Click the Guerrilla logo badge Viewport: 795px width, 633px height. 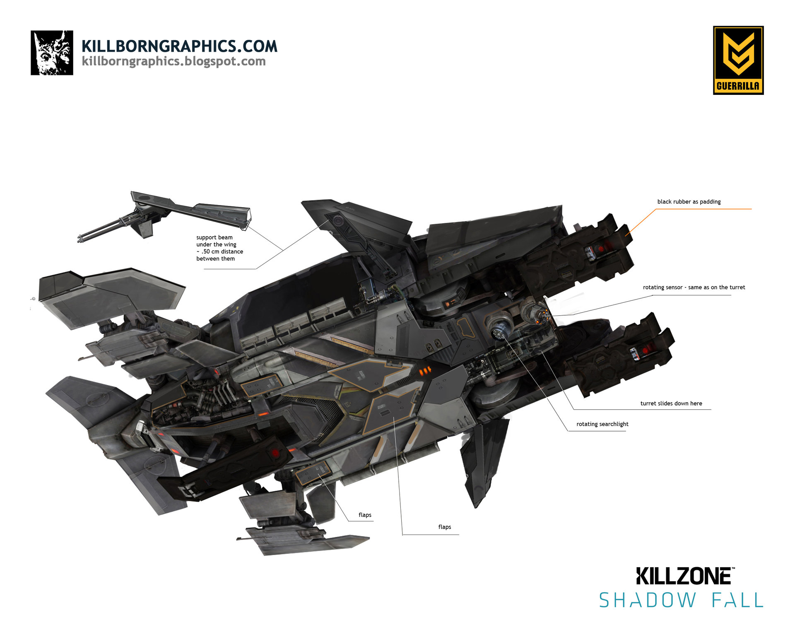pos(738,60)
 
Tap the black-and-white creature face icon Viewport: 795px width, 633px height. pos(52,53)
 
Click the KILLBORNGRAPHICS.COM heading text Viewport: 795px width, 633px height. pos(179,46)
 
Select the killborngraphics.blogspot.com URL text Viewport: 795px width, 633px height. pos(173,61)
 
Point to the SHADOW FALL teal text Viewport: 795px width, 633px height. pos(681,600)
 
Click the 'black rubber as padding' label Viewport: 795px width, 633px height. pos(689,202)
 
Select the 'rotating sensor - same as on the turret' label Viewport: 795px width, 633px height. pos(694,287)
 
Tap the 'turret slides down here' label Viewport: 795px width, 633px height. pos(671,403)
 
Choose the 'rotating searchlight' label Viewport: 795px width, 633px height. pos(602,424)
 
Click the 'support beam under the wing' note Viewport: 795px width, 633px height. pos(219,248)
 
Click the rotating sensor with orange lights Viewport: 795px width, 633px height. pos(536,314)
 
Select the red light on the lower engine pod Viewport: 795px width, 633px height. pos(646,351)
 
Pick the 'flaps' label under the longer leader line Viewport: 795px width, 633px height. pos(445,527)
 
